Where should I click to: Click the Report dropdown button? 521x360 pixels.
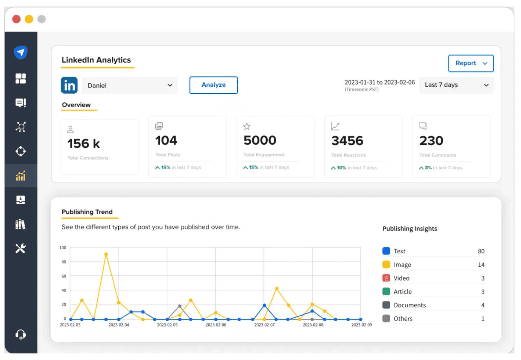click(470, 63)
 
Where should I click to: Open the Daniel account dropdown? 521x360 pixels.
click(129, 85)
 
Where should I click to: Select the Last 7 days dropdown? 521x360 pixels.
click(456, 85)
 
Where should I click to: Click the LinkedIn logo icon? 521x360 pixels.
click(69, 85)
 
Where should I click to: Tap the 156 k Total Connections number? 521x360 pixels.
click(83, 144)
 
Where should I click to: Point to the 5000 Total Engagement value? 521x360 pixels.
click(260, 140)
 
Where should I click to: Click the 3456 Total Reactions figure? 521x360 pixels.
click(347, 141)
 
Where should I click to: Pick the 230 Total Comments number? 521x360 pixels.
click(431, 141)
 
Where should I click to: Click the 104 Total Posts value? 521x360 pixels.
click(166, 140)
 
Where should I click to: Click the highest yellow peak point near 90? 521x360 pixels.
click(106, 255)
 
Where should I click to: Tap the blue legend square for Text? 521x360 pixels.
click(386, 251)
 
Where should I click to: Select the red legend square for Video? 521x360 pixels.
click(386, 278)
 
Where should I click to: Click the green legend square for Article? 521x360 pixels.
click(386, 291)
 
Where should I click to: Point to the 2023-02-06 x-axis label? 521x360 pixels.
click(216, 325)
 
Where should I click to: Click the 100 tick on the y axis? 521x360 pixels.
click(63, 248)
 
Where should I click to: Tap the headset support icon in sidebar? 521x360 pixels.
click(21, 334)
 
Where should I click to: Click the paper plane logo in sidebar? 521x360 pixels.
click(21, 52)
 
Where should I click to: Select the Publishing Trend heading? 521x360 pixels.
click(87, 212)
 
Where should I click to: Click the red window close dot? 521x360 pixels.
click(16, 19)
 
